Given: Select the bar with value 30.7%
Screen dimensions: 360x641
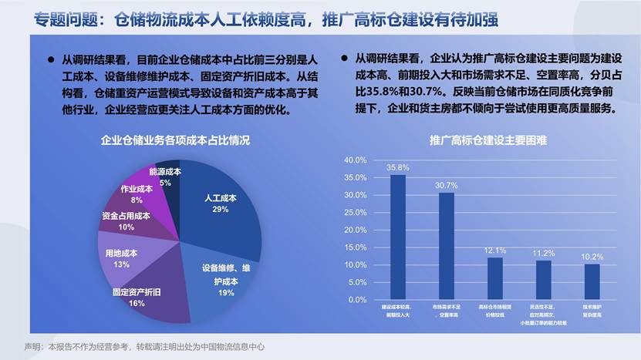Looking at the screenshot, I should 447,246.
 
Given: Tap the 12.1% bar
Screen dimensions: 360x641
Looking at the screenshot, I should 495,278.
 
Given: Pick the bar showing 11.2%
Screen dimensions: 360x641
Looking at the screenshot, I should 544,280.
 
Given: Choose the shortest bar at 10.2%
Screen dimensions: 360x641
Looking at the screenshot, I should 592,281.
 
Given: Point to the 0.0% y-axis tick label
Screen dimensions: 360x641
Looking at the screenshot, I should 357,299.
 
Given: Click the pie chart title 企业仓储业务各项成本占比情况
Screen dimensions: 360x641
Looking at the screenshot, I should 175,141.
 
